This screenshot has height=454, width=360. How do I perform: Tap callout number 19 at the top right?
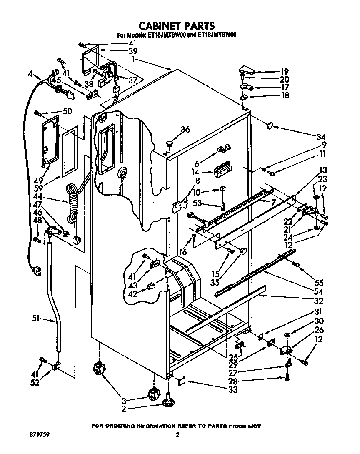[285, 71]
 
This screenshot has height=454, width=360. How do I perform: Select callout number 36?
[185, 130]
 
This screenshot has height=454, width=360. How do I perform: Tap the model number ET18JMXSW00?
[165, 36]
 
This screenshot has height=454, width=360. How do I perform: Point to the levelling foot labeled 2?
[168, 403]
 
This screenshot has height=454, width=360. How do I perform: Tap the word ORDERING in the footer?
[123, 426]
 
